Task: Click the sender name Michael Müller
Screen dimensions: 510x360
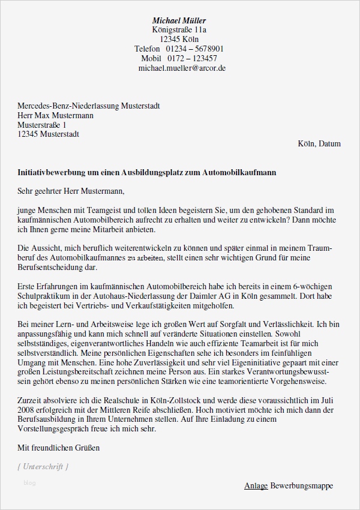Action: pyautogui.click(x=179, y=20)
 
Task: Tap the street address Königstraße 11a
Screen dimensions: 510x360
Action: pyautogui.click(x=179, y=30)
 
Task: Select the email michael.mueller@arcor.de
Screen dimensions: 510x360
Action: pyautogui.click(x=182, y=68)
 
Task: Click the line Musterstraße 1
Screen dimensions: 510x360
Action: pyautogui.click(x=46, y=125)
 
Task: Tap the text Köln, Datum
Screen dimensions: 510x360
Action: pyautogui.click(x=319, y=144)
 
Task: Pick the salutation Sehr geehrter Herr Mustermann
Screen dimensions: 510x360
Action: pyautogui.click(x=71, y=192)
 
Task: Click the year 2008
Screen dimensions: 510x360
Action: pyautogui.click(x=27, y=409)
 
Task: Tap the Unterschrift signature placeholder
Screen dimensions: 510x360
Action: pyautogui.click(x=43, y=466)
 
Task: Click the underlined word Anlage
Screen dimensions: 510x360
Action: pyautogui.click(x=256, y=485)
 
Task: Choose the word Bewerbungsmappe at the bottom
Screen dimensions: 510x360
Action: pyautogui.click(x=301, y=485)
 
